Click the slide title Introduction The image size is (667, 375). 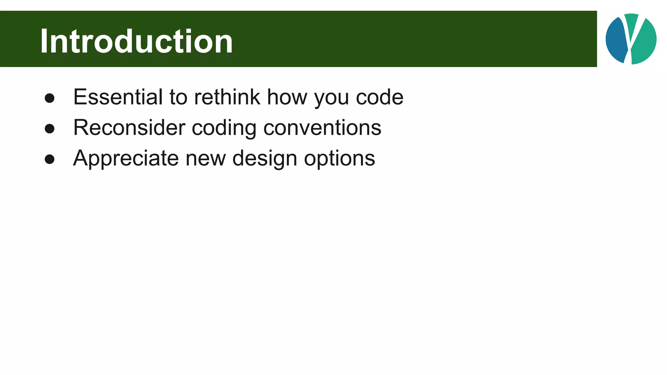point(136,41)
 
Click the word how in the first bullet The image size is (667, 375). point(287,97)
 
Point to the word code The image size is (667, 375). point(379,97)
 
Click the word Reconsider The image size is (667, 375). point(129,128)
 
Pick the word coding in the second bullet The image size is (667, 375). point(224,128)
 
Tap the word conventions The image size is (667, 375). point(322,128)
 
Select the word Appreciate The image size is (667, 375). point(126,158)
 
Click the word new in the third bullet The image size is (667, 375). point(206,158)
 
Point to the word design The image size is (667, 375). point(264,158)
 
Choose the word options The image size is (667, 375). point(339,158)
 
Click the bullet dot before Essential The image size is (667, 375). point(50,98)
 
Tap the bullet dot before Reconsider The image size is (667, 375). point(50,129)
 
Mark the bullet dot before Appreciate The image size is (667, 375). point(50,159)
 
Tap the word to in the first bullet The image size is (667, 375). point(178,97)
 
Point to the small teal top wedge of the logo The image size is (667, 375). point(631,23)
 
